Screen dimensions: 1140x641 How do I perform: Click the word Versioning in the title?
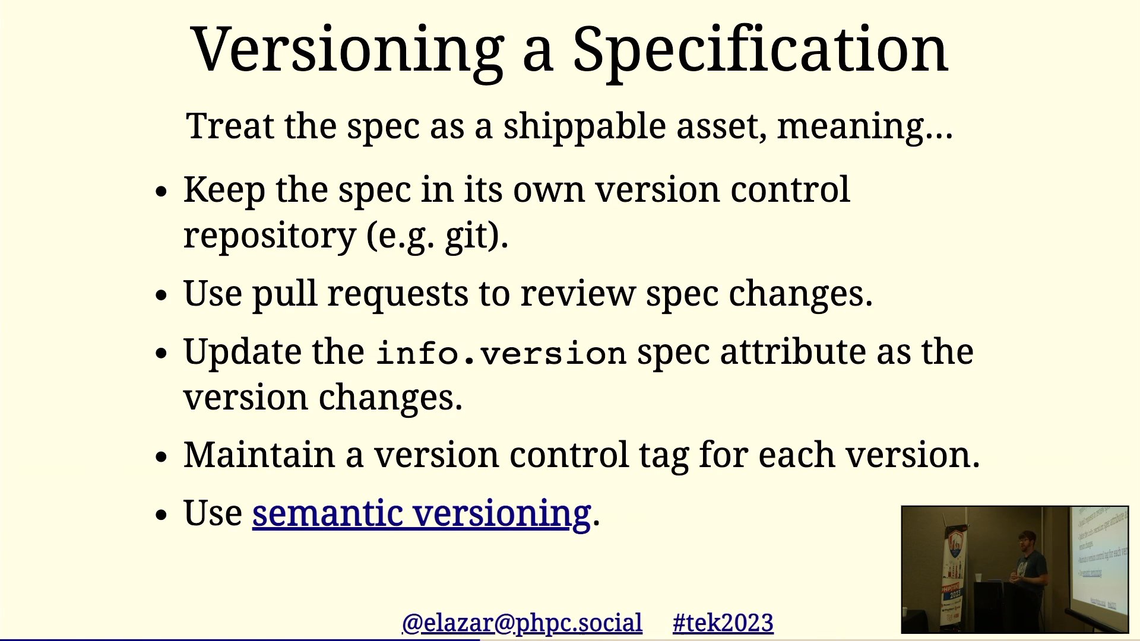[348, 51]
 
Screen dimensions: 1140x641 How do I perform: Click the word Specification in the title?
[760, 51]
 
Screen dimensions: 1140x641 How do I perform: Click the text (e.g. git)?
[437, 236]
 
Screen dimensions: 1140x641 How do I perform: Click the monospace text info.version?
[502, 354]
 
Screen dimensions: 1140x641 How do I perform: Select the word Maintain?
[259, 455]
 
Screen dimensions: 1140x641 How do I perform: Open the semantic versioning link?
[422, 514]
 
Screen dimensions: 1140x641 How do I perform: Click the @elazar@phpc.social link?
[522, 623]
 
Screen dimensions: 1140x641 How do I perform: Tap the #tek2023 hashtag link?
[723, 623]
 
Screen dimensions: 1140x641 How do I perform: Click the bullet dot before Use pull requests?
[161, 295]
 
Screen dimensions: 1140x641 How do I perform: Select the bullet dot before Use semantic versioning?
[161, 515]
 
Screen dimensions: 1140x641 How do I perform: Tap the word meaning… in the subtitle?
[864, 127]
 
